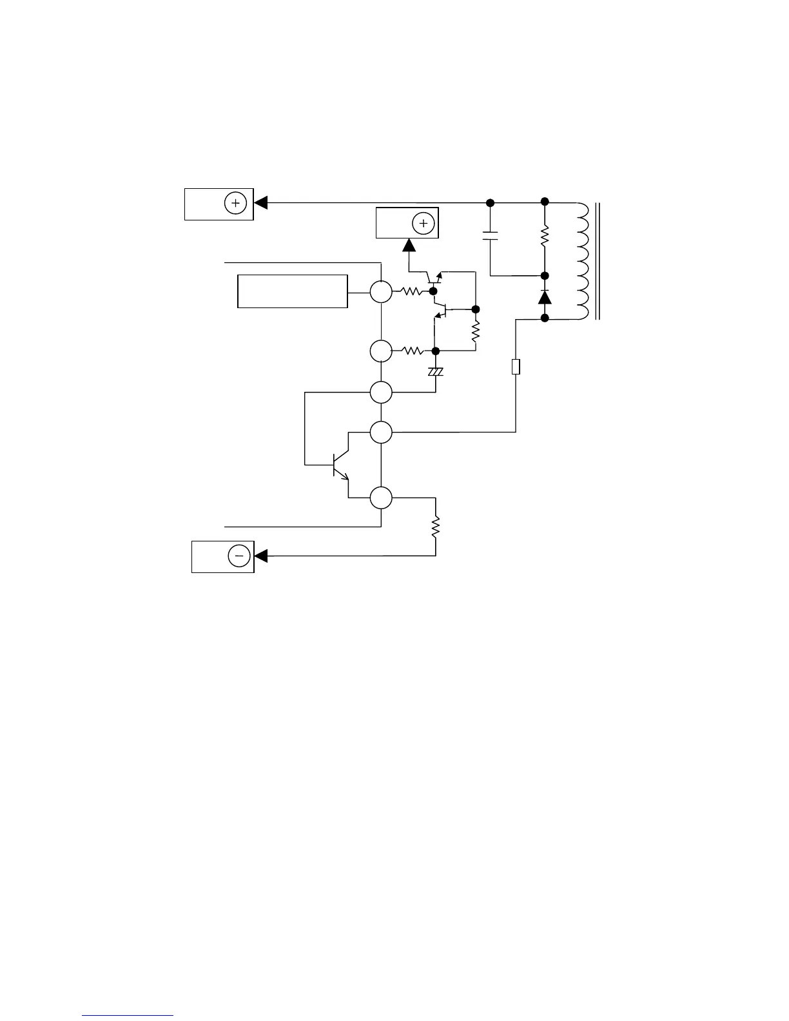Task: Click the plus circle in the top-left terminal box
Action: pos(235,204)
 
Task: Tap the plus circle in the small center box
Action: pos(424,224)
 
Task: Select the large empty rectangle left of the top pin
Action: pos(293,291)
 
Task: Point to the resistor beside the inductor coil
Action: pos(545,236)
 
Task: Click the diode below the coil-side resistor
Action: pos(545,297)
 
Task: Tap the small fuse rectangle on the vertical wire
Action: pos(516,367)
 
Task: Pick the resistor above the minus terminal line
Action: pos(436,527)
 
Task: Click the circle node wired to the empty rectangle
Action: pos(381,291)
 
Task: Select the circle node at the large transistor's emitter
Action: pos(381,498)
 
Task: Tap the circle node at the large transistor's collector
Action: pos(381,432)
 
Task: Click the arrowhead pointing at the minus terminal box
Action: pos(262,556)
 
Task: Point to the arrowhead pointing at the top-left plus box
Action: pos(261,203)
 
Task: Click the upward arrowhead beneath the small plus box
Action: pos(409,246)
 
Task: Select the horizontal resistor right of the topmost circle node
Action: pos(411,291)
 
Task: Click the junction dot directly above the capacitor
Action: pos(491,203)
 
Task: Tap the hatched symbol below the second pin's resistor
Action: pos(436,372)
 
